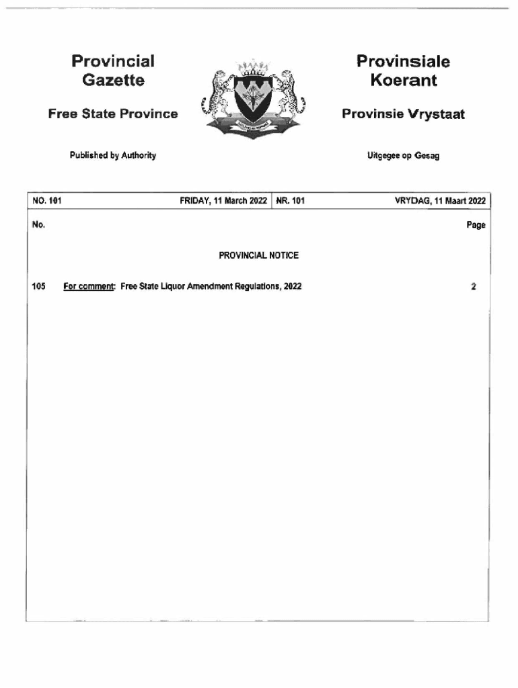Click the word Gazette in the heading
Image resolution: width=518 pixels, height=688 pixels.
coord(113,81)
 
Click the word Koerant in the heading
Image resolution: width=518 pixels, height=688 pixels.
coord(403,81)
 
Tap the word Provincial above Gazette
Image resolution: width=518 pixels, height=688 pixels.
coord(113,62)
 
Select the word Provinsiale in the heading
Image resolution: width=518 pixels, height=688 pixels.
coord(403,62)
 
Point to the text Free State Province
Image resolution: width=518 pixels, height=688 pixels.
coord(113,114)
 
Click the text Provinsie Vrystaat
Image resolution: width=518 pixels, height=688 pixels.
coord(403,114)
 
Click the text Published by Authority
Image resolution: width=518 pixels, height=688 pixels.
coord(113,155)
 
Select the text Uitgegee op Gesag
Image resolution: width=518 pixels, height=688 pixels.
coord(404,156)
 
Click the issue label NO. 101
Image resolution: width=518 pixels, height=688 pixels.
coord(46,200)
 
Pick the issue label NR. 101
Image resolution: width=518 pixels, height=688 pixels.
coord(290,200)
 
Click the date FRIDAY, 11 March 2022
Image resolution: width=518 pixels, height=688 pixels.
coord(223,200)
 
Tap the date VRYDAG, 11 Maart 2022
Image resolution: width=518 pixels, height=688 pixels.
coord(440,200)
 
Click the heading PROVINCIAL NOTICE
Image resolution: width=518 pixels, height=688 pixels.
coord(258,255)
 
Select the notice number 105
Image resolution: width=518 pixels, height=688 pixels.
coord(38,286)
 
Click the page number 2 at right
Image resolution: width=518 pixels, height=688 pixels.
coord(474,286)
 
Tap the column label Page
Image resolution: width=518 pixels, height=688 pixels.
coord(476,226)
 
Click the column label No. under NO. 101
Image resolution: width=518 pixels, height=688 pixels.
coord(38,225)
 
